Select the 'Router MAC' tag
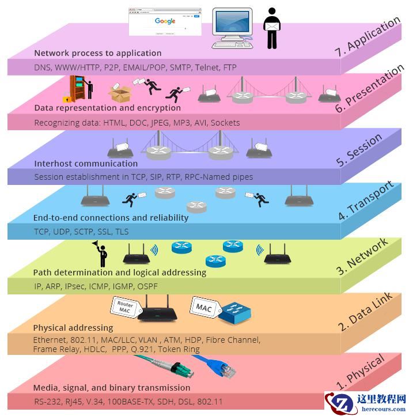pyautogui.click(x=125, y=307)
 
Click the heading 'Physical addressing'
pyautogui.click(x=65, y=328)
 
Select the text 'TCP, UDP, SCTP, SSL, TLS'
pyautogui.click(x=81, y=232)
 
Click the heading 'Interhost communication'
pyautogui.click(x=78, y=164)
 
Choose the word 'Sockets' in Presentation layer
pyautogui.click(x=225, y=123)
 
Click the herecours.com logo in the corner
pyautogui.click(x=365, y=403)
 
